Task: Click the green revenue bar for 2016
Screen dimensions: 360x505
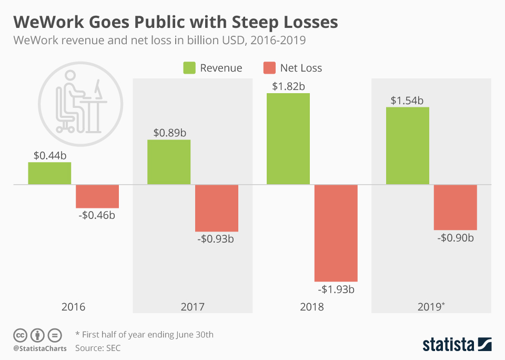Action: tap(49, 173)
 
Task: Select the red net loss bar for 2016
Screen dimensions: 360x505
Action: tap(97, 196)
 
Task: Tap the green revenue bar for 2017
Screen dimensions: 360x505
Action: tap(169, 162)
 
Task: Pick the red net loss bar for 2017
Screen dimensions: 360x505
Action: tap(217, 208)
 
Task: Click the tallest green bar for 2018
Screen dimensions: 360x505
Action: tap(288, 139)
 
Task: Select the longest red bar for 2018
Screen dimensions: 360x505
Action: tap(336, 233)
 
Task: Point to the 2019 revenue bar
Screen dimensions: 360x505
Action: tap(408, 146)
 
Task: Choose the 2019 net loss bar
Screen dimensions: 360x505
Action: tap(456, 207)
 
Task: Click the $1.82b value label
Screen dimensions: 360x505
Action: tap(288, 86)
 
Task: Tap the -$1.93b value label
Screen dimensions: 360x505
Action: tap(336, 289)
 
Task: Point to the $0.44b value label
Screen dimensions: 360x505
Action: tap(49, 155)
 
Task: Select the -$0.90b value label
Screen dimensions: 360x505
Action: tap(456, 237)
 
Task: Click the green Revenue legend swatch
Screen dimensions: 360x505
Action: tap(189, 68)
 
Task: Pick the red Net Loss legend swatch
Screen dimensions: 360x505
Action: tap(269, 68)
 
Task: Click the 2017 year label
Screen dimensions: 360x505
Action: tap(193, 307)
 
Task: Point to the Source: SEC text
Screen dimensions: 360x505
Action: tap(98, 348)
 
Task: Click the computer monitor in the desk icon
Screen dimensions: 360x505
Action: tap(97, 89)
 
